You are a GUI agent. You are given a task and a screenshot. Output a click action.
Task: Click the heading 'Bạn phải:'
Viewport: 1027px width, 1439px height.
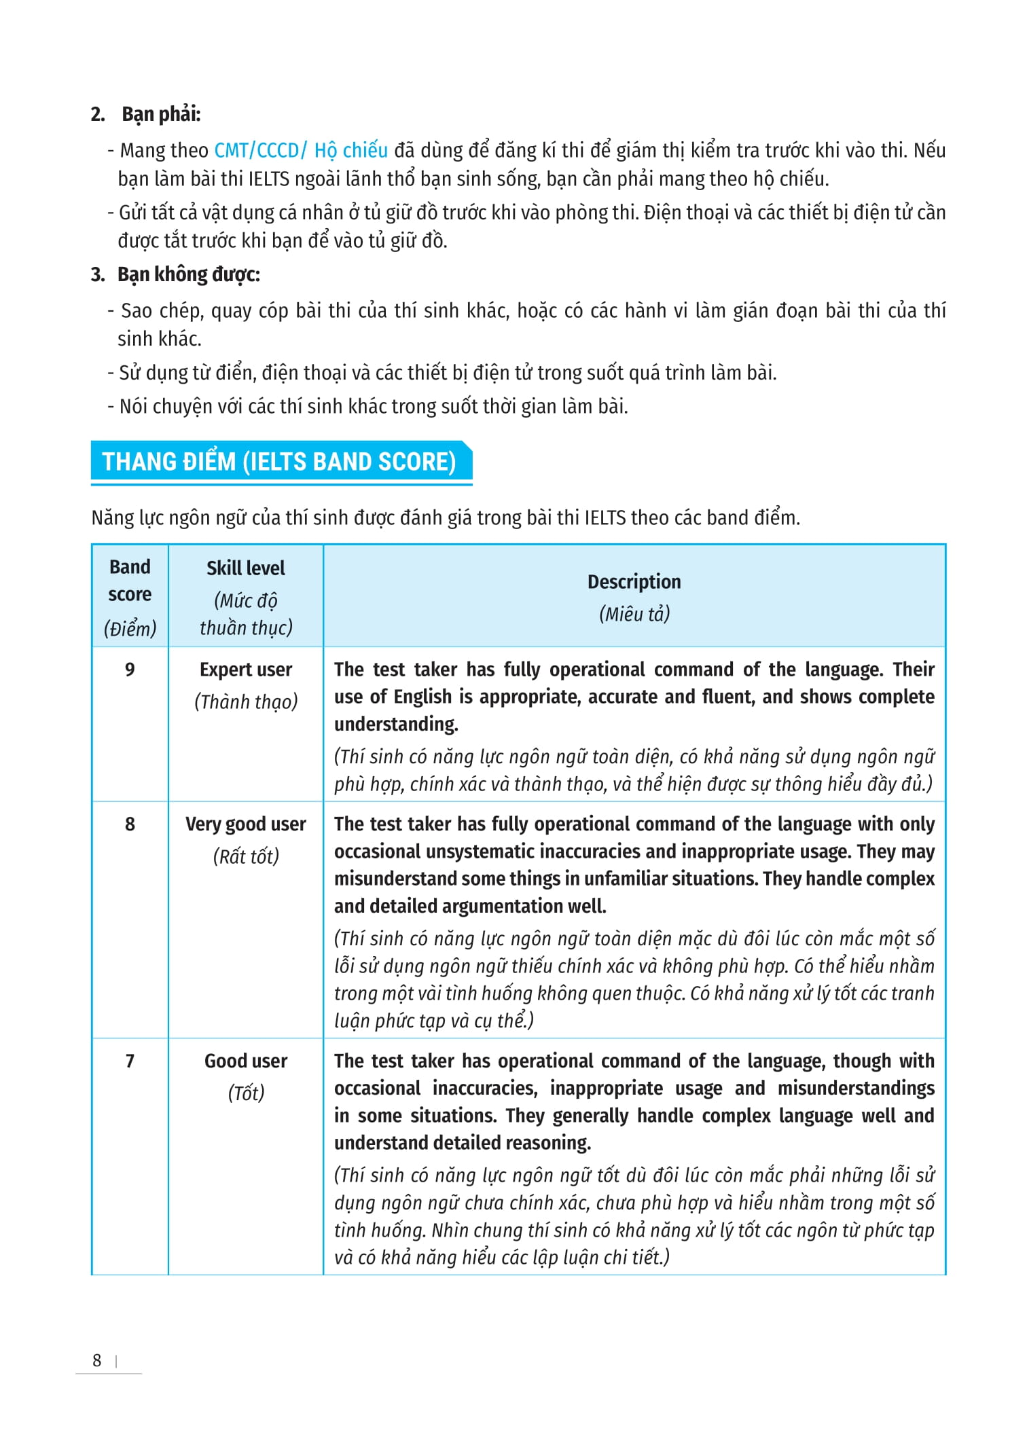pyautogui.click(x=161, y=114)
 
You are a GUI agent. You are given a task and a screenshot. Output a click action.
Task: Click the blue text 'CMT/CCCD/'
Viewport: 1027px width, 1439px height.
pyautogui.click(x=261, y=150)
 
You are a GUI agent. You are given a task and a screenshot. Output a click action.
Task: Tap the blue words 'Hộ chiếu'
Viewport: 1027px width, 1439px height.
pyautogui.click(x=350, y=150)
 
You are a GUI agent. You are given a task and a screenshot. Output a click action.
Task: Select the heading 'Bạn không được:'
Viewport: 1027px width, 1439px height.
pyautogui.click(x=188, y=274)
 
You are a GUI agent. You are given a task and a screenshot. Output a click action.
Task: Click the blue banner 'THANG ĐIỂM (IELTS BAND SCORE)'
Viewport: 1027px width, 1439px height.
pyautogui.click(x=279, y=462)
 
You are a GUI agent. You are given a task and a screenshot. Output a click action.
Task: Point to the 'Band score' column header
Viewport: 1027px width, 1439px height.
pyautogui.click(x=130, y=581)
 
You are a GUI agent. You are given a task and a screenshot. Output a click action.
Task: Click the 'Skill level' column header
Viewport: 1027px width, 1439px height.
pyautogui.click(x=245, y=568)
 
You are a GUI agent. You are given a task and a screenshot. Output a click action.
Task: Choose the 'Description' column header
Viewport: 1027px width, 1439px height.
pyautogui.click(x=634, y=582)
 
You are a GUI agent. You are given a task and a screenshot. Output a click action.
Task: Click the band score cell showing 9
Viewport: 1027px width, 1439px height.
pyautogui.click(x=130, y=670)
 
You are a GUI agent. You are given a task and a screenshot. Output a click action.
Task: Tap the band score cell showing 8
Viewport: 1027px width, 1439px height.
pyautogui.click(x=130, y=824)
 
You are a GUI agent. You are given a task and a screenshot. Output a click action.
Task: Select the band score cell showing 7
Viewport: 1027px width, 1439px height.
pyautogui.click(x=130, y=1061)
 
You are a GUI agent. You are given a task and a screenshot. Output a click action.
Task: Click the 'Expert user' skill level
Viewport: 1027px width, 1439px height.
pyautogui.click(x=245, y=670)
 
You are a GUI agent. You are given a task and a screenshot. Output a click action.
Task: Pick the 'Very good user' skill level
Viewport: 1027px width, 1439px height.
pyautogui.click(x=245, y=824)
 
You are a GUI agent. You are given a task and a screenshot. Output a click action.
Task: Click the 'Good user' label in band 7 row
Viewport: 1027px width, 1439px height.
pyautogui.click(x=245, y=1061)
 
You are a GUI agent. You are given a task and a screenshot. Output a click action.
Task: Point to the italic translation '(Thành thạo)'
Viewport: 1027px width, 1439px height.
pyautogui.click(x=245, y=702)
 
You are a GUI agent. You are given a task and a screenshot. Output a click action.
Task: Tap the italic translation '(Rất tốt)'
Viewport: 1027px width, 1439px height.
pyautogui.click(x=245, y=856)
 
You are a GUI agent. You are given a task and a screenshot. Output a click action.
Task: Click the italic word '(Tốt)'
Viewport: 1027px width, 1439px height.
pyautogui.click(x=245, y=1093)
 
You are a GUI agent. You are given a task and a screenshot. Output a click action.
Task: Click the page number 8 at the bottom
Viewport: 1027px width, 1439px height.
pyautogui.click(x=97, y=1360)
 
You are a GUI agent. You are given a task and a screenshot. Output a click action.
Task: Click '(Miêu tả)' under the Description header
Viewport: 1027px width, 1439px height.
pyautogui.click(x=634, y=614)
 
